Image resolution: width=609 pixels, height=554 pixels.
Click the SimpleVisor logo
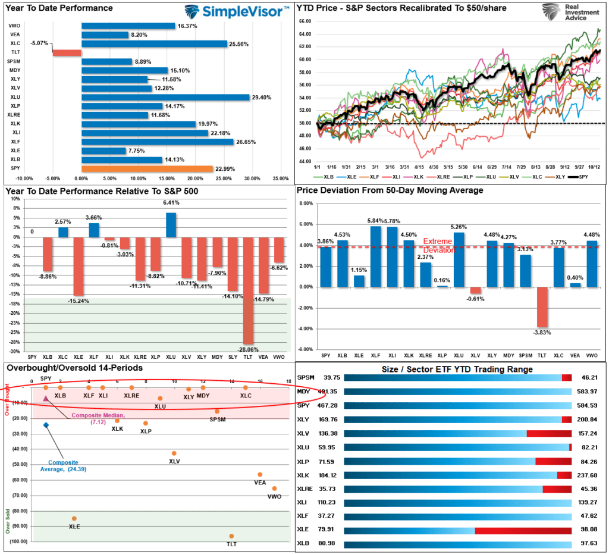click(x=237, y=12)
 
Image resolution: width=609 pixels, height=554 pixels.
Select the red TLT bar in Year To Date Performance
click(x=67, y=52)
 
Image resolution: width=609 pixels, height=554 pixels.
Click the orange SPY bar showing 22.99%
click(x=147, y=169)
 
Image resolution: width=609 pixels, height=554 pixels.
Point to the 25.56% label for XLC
click(x=240, y=44)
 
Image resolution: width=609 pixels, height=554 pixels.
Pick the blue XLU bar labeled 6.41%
click(x=171, y=225)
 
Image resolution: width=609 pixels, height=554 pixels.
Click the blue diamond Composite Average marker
click(x=46, y=425)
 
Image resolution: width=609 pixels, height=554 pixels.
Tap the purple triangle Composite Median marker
click(x=46, y=399)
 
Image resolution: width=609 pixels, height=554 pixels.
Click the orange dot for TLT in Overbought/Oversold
click(x=231, y=536)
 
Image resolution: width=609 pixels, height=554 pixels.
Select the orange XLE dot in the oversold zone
click(x=74, y=519)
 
